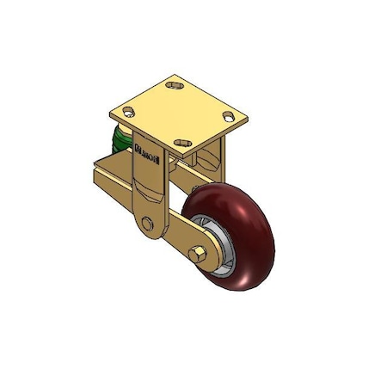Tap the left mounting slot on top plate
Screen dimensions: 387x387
click(129, 112)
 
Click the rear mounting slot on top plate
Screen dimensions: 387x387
click(176, 86)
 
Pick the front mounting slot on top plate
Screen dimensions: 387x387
click(183, 140)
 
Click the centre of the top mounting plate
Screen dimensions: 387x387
click(180, 113)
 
